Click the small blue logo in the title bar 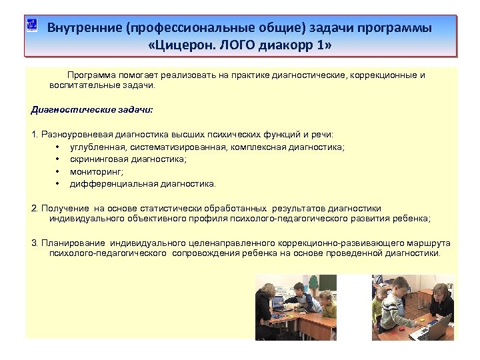coord(31,26)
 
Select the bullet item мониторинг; coord(92,171)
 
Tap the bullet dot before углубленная coord(59,147)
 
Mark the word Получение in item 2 coord(65,208)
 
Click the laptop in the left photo coord(278,301)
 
